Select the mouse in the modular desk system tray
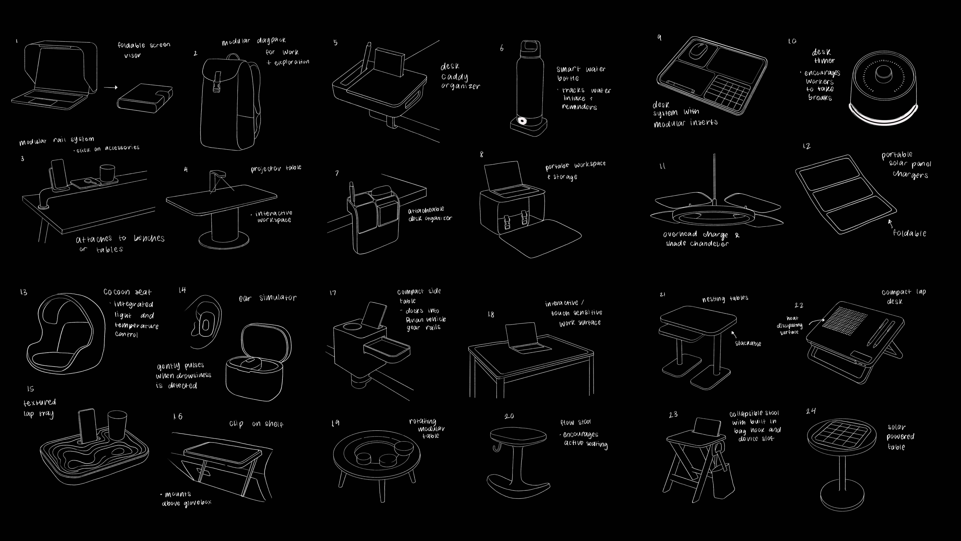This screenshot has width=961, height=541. click(x=695, y=51)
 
